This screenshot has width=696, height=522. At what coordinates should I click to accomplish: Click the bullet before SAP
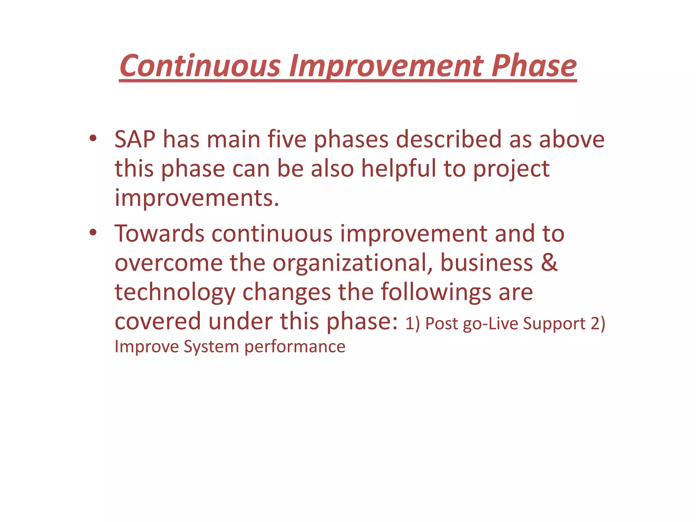93,138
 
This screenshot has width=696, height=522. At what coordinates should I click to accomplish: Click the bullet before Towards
93,233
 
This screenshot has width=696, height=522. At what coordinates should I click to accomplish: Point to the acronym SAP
135,139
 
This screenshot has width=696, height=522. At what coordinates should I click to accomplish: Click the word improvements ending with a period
197,198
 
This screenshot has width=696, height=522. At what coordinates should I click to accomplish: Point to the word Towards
159,234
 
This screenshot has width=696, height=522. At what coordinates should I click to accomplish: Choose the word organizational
352,263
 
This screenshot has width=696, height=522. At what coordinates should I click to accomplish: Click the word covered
158,321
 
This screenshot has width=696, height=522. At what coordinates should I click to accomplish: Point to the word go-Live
490,324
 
